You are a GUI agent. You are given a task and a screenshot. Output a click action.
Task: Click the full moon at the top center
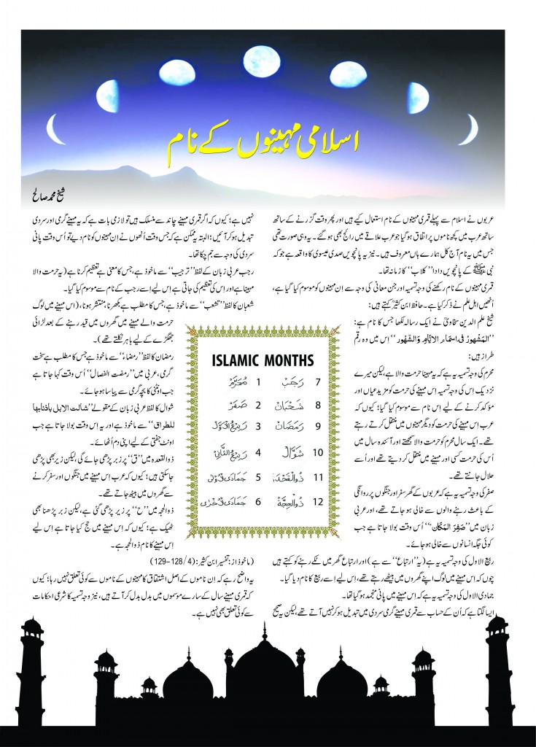pos(267,56)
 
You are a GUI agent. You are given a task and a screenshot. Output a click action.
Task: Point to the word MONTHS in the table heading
pos(290,360)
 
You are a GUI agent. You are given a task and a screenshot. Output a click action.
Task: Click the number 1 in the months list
pos(217,382)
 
